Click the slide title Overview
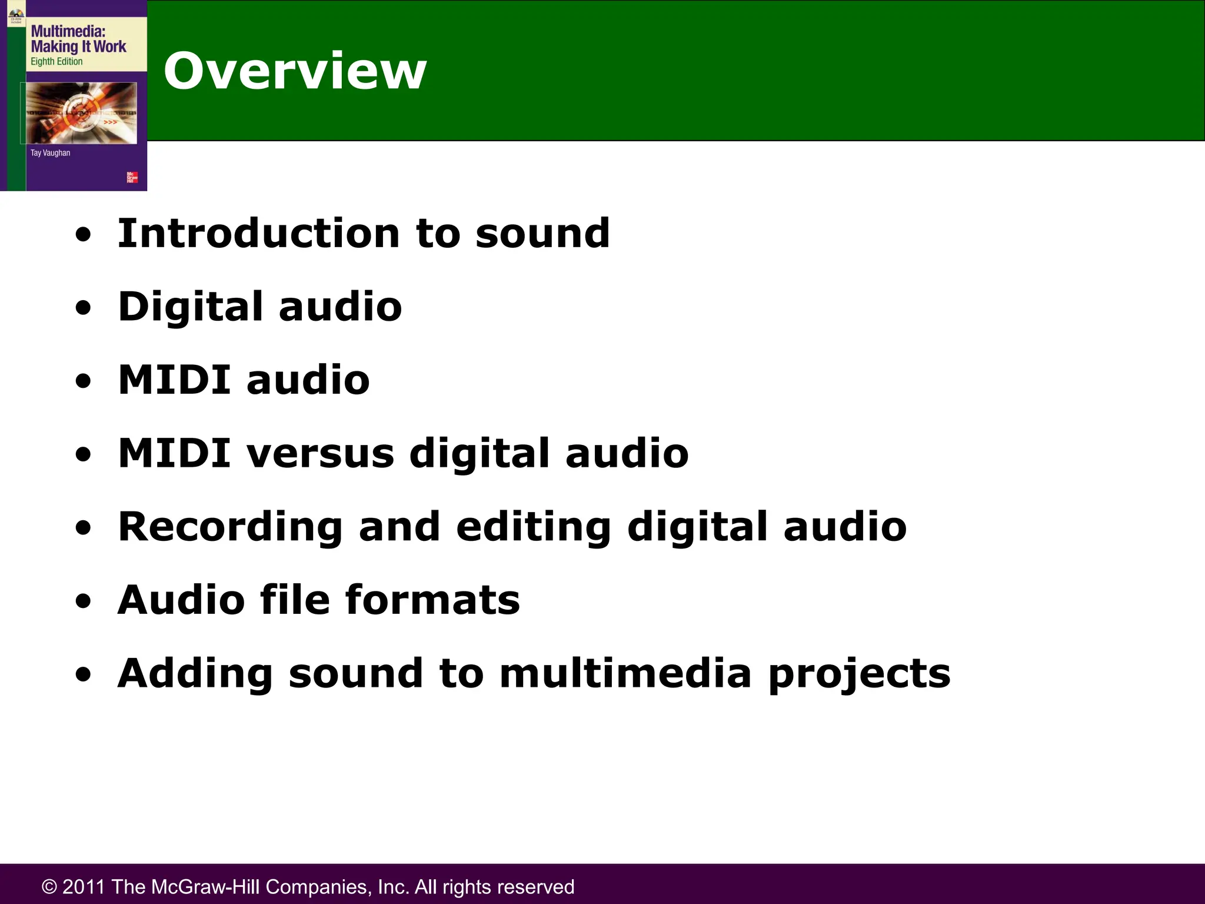[x=295, y=71]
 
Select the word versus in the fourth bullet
[x=320, y=454]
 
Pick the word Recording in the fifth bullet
[x=230, y=527]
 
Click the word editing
[x=533, y=527]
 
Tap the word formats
[x=432, y=600]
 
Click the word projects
[x=859, y=674]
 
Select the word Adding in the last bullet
[x=195, y=674]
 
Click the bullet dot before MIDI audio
[x=84, y=381]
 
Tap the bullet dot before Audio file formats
[x=84, y=601]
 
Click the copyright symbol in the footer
[x=49, y=887]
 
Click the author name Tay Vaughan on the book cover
[x=50, y=153]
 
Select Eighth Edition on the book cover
[x=56, y=62]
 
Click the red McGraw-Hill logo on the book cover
[x=132, y=177]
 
